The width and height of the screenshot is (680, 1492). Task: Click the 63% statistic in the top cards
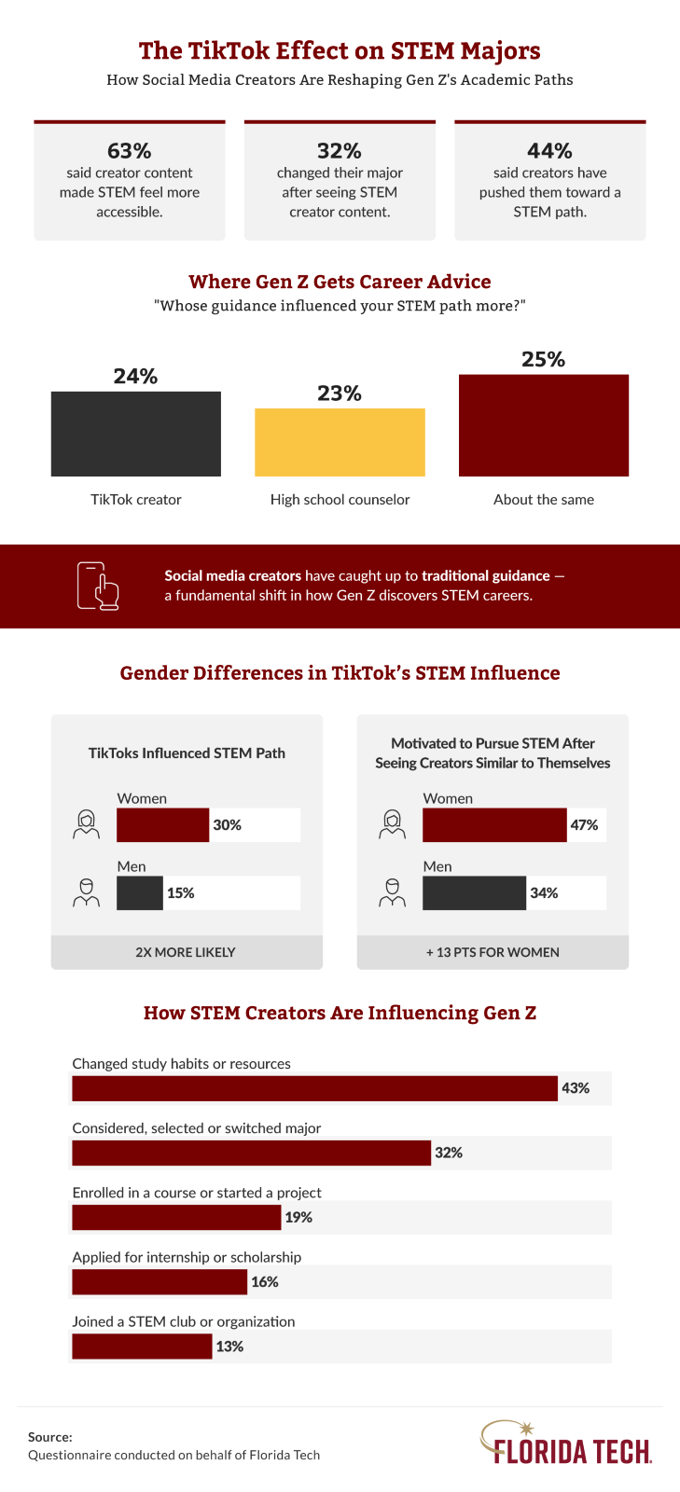click(129, 150)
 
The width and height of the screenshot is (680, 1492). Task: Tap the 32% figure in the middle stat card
click(340, 150)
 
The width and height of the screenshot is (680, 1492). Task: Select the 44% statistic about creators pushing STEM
click(549, 150)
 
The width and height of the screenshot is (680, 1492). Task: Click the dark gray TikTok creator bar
click(136, 434)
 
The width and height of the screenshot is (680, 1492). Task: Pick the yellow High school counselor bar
click(340, 442)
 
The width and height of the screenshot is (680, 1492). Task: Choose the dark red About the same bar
click(544, 425)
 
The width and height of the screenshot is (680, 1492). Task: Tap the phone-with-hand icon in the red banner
click(98, 587)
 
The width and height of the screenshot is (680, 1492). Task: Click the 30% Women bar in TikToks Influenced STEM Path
click(162, 825)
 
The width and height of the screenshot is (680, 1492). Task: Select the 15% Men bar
click(140, 893)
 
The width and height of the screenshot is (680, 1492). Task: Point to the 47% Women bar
click(494, 825)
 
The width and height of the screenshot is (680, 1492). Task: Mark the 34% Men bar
click(474, 893)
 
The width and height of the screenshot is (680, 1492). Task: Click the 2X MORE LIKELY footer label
click(186, 952)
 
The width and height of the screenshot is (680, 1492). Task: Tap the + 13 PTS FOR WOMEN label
click(493, 952)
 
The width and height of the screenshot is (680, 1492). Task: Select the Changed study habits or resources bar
click(314, 1088)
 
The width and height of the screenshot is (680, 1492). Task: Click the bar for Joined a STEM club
click(142, 1347)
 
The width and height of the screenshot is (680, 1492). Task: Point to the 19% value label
click(298, 1217)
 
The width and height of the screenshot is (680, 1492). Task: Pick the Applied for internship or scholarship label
click(187, 1257)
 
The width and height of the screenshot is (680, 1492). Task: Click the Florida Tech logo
click(565, 1443)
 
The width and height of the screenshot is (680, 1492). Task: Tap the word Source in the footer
click(49, 1437)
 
